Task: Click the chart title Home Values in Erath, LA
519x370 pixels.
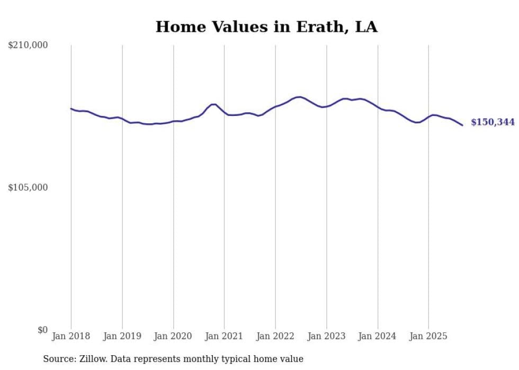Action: click(266, 27)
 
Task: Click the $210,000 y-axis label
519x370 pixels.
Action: click(28, 46)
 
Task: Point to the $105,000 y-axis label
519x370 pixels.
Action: click(28, 187)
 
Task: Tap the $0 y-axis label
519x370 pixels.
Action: click(42, 330)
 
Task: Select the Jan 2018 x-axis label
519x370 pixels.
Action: click(71, 336)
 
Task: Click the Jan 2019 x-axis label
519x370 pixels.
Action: click(122, 336)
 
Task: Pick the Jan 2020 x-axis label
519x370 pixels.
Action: click(173, 336)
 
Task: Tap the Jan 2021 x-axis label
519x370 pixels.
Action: click(224, 336)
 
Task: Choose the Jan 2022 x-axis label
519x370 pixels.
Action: click(275, 336)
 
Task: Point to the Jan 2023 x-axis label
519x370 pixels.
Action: click(326, 336)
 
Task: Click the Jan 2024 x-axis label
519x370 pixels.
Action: click(378, 336)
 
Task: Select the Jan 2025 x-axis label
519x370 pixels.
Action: click(428, 336)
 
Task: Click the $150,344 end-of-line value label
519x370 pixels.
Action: click(493, 122)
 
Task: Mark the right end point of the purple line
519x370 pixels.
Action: click(462, 125)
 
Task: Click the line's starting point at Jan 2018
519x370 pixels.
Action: click(71, 109)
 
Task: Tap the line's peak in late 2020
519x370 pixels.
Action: click(213, 104)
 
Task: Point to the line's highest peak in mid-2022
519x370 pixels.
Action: click(300, 97)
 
